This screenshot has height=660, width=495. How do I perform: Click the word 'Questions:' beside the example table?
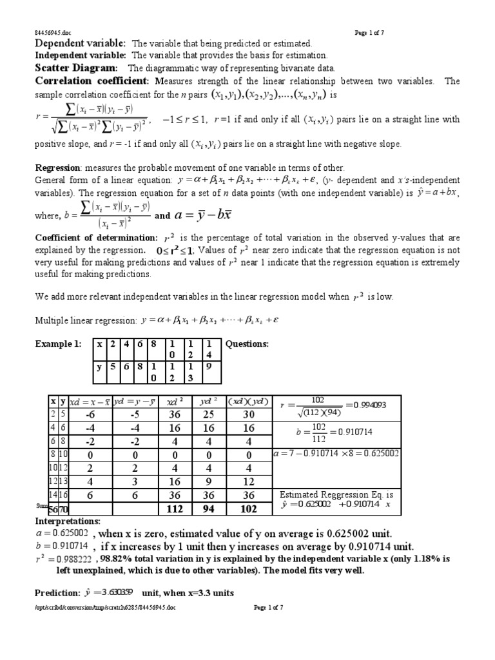click(x=247, y=344)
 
